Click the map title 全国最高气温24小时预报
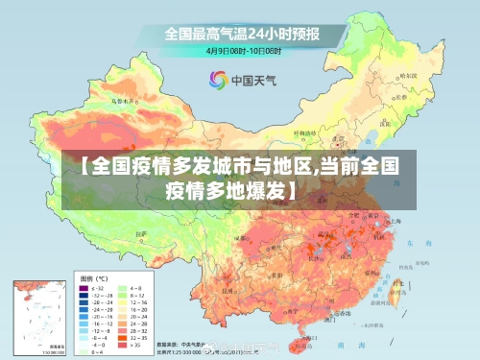(x=241, y=34)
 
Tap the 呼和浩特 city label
(x=305, y=132)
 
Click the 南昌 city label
(x=352, y=252)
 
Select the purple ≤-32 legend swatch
(x=83, y=288)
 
